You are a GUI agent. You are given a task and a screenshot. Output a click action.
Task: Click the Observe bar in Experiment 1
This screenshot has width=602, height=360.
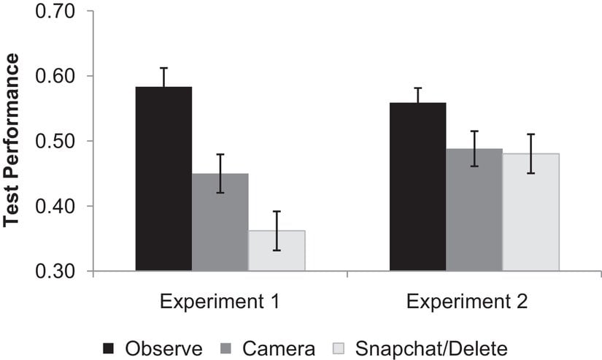[163, 179]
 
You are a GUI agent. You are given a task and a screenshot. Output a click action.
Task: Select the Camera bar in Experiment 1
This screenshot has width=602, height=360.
[220, 222]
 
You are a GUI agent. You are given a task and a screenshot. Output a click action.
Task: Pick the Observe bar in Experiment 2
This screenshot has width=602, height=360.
[417, 187]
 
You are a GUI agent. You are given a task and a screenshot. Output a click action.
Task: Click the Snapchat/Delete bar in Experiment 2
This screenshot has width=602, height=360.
[530, 212]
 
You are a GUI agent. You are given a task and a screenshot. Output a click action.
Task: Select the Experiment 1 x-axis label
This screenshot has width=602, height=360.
[220, 302]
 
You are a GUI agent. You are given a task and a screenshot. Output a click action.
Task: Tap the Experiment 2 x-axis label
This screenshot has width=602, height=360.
[474, 302]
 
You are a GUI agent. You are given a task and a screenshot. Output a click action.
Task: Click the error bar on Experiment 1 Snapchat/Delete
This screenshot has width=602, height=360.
[277, 231]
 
